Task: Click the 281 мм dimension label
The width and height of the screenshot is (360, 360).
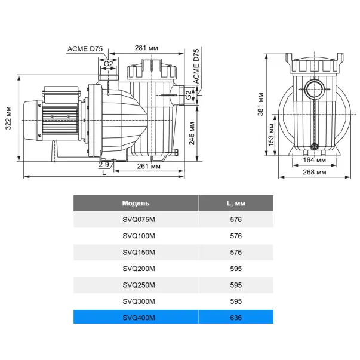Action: click(146, 48)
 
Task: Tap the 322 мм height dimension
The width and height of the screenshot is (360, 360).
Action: click(8, 118)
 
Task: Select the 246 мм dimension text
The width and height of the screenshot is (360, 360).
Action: click(192, 133)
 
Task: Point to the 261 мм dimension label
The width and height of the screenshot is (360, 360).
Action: click(149, 166)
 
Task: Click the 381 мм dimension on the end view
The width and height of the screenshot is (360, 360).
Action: click(260, 104)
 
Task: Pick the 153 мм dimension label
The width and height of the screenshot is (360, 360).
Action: click(271, 135)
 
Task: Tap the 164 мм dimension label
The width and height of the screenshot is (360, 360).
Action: click(314, 160)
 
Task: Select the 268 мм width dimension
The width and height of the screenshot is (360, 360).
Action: click(314, 172)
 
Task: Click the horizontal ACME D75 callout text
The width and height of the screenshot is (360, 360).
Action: click(85, 49)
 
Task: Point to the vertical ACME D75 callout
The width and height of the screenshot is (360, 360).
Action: click(196, 66)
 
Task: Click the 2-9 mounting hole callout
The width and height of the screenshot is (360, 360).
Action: click(104, 164)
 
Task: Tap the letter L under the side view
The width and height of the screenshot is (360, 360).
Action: click(104, 172)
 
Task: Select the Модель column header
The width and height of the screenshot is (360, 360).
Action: click(136, 203)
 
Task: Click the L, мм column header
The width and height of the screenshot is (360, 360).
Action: click(236, 203)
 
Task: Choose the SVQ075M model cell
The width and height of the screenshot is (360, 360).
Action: click(139, 220)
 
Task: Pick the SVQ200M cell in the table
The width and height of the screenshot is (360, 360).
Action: click(139, 269)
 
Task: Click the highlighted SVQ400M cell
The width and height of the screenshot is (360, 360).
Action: click(139, 318)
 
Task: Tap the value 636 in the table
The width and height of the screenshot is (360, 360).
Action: click(236, 318)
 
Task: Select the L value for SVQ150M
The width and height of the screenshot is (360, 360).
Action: click(236, 253)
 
